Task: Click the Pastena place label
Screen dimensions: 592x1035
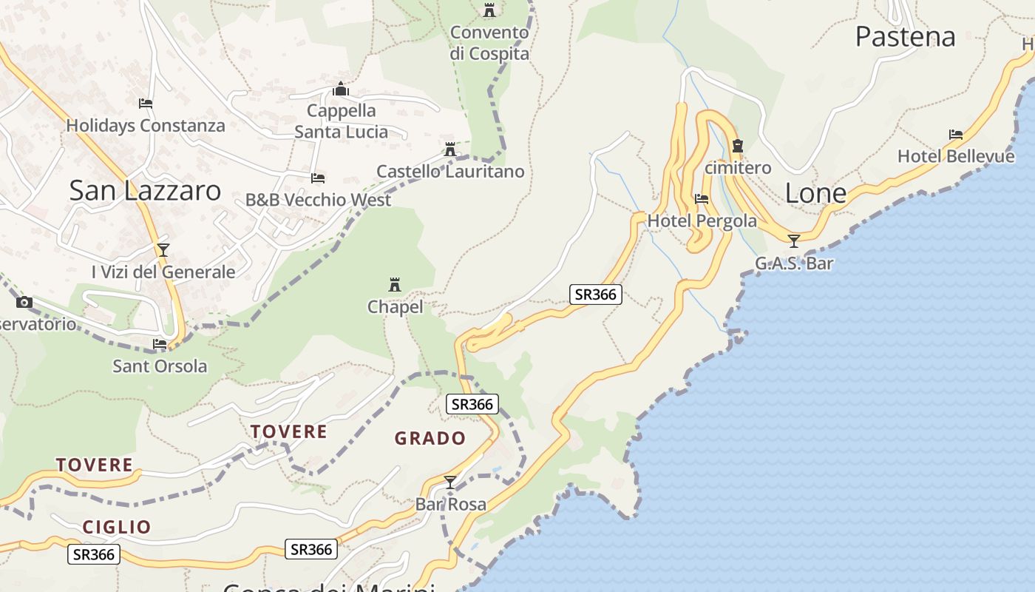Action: pos(905,36)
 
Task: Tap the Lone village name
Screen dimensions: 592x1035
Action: pos(815,193)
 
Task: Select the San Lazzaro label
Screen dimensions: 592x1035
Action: pos(145,190)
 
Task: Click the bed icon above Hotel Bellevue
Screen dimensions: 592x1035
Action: pos(956,135)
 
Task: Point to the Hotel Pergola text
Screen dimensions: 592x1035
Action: pos(702,221)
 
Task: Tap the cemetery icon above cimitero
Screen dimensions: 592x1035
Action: pos(737,147)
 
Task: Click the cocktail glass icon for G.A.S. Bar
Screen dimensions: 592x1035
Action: pos(794,241)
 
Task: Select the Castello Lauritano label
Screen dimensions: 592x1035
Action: pos(450,172)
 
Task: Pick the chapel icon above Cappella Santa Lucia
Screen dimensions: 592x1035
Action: pos(341,90)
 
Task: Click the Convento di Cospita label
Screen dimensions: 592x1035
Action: pos(489,43)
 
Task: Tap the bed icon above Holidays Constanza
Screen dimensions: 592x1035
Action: pos(146,104)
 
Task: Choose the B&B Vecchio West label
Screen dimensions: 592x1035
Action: pos(318,200)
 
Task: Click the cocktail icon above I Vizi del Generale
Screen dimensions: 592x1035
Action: pos(163,250)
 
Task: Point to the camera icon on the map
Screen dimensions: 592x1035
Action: pos(24,302)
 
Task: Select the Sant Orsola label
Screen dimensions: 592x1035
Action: pos(160,366)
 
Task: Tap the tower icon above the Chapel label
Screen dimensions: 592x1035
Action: pos(395,285)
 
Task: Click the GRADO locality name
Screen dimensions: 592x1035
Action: pos(430,438)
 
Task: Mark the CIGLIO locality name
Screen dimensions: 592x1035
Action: pos(117,527)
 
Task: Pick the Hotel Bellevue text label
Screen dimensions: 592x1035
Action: pos(955,156)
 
